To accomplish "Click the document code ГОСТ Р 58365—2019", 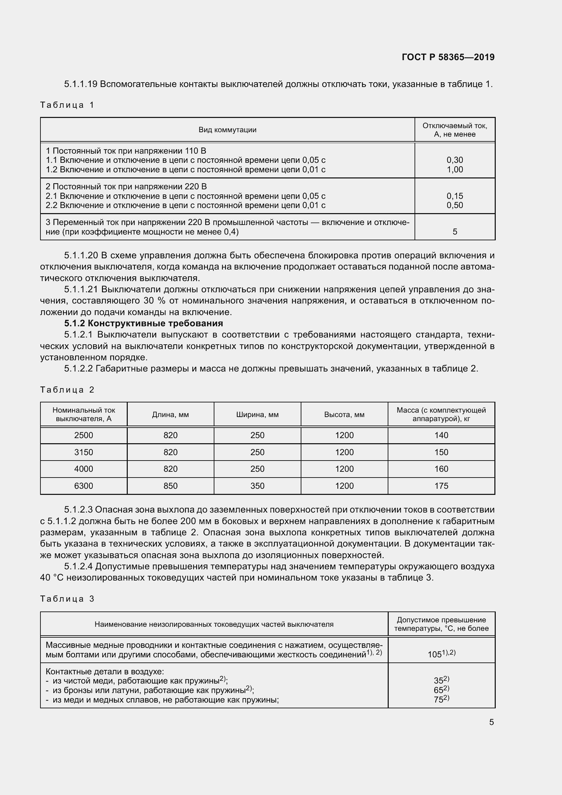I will point(448,57).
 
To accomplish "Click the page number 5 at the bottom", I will point(491,722).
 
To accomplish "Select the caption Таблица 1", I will point(67,105).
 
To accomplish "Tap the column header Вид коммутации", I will point(227,130).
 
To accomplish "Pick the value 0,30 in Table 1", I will point(454,160).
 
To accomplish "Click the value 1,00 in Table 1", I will point(454,169).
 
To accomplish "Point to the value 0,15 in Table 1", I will point(454,196).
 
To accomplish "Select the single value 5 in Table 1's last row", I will point(455,232).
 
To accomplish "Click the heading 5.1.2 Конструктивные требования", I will point(144,323).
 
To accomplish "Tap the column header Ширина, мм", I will point(257,414).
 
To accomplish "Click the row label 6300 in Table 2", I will point(83,486).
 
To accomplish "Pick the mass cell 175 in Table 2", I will point(441,486).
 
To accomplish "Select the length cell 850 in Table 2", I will point(170,486).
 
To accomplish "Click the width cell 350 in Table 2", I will point(257,486).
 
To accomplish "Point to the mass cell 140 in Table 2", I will point(441,435).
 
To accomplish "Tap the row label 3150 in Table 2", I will point(83,452).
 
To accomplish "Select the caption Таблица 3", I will point(67,599).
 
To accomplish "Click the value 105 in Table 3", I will point(435,654).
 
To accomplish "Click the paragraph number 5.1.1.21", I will point(81,290).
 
